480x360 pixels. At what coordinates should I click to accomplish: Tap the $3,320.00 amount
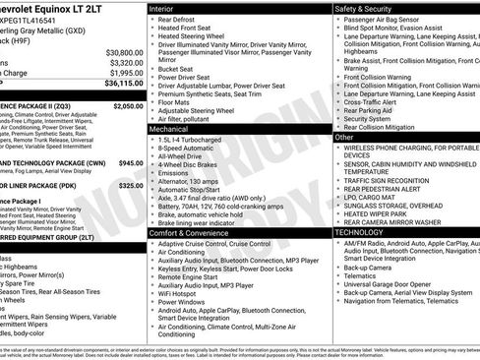[x=126, y=62]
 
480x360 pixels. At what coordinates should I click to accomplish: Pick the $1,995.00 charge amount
[x=126, y=73]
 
